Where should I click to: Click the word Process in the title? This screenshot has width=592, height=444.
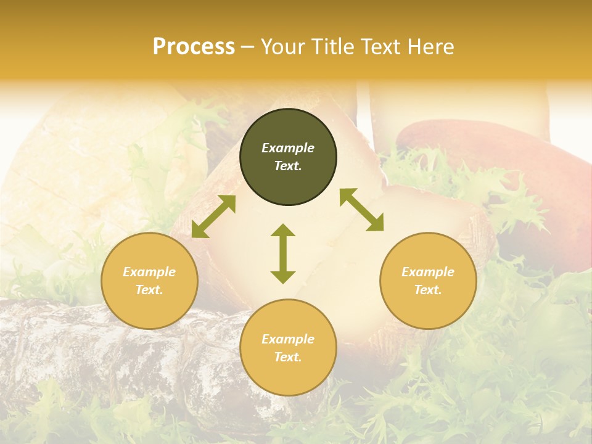(194, 47)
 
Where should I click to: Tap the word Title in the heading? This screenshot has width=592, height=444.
(332, 47)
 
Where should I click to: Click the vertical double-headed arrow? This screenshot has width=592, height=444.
(283, 253)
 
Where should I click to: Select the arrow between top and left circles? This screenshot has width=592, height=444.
(213, 216)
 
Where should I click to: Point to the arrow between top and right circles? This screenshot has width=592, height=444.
(361, 210)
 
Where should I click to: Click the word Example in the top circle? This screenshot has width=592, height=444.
(288, 148)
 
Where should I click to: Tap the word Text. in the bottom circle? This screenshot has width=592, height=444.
(288, 357)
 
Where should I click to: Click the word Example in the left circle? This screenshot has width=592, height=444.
(149, 272)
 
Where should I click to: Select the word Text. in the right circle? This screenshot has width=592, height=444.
(428, 290)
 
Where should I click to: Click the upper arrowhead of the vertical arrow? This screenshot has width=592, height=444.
(283, 231)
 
